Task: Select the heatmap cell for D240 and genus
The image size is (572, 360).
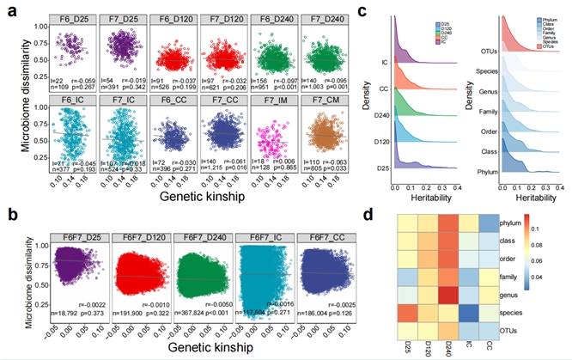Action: [x=449, y=290]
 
